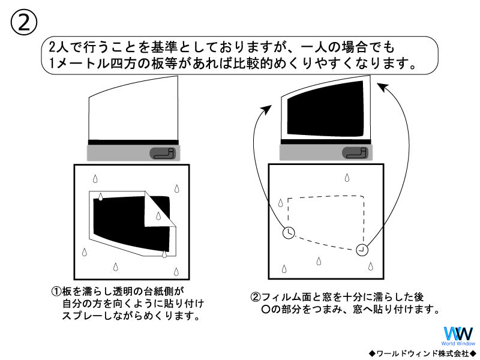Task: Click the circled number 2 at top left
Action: coord(24,23)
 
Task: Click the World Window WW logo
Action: coord(458,334)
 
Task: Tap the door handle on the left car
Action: coord(162,154)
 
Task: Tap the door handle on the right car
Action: coord(356,153)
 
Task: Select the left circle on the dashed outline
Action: coord(289,233)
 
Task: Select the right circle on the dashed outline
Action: coord(362,249)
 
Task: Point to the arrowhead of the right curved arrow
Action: coord(381,87)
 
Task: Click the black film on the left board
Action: coord(120,222)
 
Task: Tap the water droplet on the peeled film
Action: coord(164,254)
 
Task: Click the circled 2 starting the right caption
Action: coord(256,297)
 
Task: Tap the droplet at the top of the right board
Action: coord(346,177)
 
